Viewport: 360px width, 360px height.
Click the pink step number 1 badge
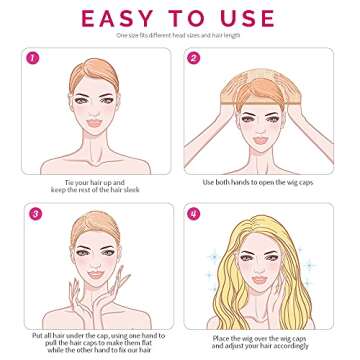(x=33, y=59)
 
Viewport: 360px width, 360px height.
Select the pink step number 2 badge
(x=194, y=59)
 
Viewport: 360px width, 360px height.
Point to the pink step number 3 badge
(x=33, y=213)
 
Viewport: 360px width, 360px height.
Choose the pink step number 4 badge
(x=194, y=213)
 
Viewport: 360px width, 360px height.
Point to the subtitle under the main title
(x=179, y=36)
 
